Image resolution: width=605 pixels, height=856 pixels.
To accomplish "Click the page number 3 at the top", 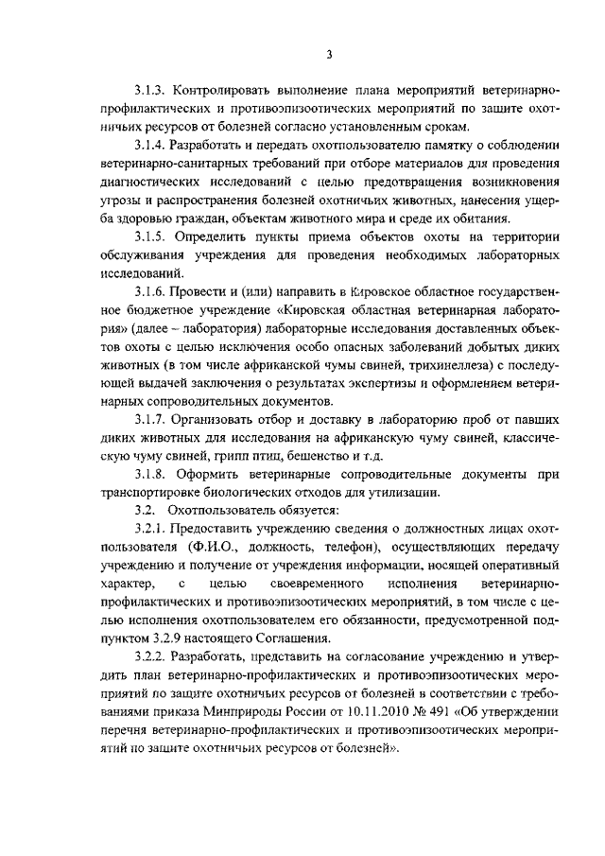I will pyautogui.click(x=328, y=54).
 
